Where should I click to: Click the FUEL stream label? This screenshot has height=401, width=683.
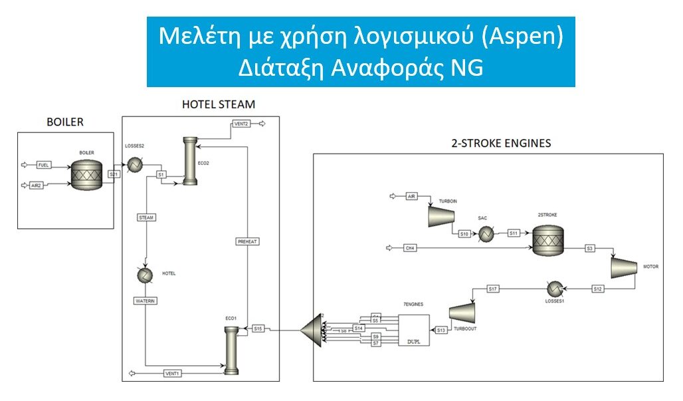[x=44, y=164]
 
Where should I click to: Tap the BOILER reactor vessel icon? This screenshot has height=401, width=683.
[x=86, y=174]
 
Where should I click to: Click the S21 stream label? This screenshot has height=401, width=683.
[x=114, y=174]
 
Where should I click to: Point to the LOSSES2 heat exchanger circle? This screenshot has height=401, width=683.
[x=135, y=164]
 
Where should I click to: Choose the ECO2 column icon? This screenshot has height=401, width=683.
[x=190, y=162]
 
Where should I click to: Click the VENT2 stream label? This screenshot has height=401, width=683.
[x=241, y=124]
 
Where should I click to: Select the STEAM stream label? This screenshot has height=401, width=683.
[x=146, y=217]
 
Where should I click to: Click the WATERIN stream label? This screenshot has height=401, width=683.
[x=146, y=300]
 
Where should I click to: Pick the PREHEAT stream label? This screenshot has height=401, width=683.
[x=247, y=241]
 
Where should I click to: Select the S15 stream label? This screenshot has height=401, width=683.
[x=259, y=328]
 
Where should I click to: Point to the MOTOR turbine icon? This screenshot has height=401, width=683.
[x=624, y=267]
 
